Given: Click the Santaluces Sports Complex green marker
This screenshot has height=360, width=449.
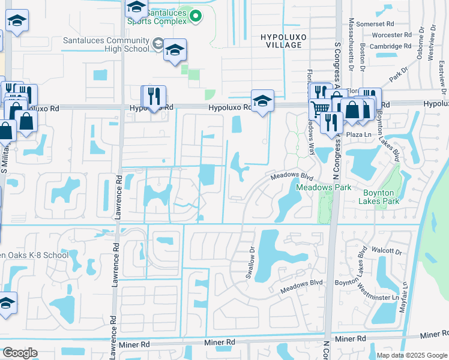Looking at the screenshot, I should click(195, 16).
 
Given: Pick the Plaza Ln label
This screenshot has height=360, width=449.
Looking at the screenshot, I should click(360, 135).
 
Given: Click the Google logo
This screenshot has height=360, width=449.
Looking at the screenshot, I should click(20, 353).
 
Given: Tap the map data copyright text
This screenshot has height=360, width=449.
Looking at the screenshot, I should click(412, 355).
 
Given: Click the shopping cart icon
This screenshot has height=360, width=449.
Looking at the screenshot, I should click(321, 109).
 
